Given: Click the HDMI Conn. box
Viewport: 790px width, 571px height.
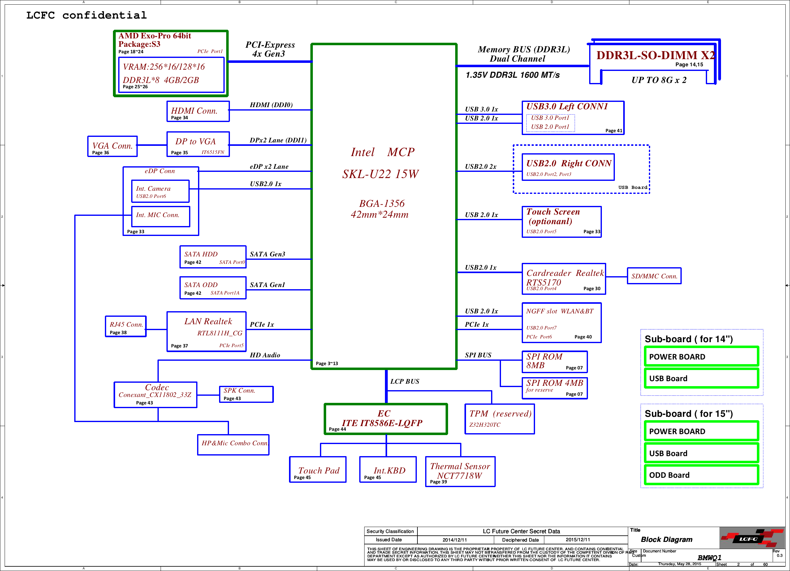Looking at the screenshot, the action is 198,111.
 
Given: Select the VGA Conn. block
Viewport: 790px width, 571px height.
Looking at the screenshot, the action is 112,146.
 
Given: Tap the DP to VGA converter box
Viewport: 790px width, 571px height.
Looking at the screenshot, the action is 198,144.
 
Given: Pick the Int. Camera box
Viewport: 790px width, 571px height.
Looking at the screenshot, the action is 160,191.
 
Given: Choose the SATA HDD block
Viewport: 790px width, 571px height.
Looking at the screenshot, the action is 213,257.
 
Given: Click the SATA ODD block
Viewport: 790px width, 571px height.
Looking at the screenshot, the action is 213,288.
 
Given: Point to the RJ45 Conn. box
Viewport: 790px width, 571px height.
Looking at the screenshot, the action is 126,326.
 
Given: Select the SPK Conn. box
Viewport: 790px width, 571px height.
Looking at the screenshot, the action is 246,394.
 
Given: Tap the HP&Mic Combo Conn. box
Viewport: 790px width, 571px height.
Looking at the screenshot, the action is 233,444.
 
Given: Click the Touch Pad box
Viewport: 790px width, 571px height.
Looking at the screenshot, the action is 318,469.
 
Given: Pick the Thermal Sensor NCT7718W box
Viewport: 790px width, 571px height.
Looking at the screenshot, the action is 460,471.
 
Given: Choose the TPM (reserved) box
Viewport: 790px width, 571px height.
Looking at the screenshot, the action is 499,419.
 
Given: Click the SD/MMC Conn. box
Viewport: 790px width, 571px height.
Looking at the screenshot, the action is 654,276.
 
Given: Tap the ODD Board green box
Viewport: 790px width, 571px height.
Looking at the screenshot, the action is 701,475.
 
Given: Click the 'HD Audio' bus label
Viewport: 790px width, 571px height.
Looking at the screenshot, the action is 265,355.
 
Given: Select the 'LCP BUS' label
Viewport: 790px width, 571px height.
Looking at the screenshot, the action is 404,381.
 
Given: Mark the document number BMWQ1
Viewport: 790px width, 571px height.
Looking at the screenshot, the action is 709,557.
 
